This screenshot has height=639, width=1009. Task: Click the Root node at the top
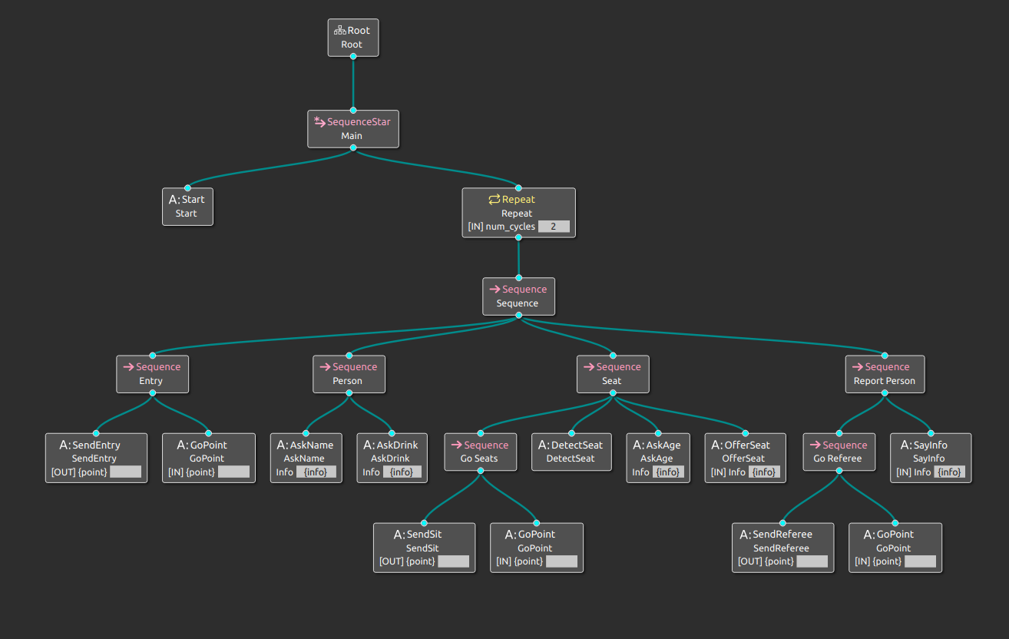point(352,38)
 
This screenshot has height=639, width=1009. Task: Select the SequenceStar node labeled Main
point(352,128)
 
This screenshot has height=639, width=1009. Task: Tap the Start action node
point(187,207)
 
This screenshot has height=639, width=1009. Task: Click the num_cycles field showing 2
point(554,227)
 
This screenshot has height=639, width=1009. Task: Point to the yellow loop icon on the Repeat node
point(494,200)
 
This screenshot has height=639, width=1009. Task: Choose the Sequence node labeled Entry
point(151,373)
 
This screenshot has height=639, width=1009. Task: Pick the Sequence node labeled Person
point(348,373)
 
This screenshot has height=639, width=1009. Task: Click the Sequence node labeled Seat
point(612,373)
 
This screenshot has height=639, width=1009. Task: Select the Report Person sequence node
point(885,373)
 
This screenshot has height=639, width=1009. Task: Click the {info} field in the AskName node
point(316,472)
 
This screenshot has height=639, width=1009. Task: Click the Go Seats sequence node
point(480,452)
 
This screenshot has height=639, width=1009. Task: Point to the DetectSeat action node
point(571,452)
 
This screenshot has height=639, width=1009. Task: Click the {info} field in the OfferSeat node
point(764,472)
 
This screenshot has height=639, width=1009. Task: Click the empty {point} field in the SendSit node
point(453,561)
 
